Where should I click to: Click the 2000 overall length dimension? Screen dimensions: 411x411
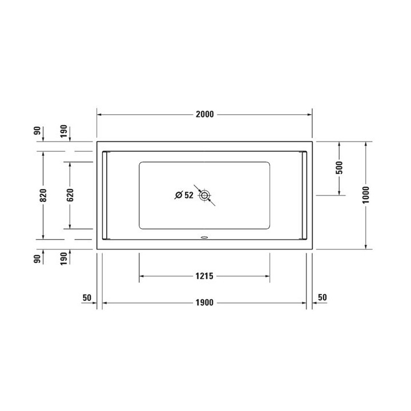204,114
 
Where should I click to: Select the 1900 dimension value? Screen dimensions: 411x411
204,303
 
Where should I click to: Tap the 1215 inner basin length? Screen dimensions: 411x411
204,276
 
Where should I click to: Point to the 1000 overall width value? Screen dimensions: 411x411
366,195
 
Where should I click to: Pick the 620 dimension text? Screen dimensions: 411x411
70,195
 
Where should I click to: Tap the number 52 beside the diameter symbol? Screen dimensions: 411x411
190,195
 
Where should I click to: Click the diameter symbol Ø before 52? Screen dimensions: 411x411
178,195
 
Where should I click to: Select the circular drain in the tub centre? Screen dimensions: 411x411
204,195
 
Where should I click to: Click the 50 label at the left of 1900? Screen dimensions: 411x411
87,297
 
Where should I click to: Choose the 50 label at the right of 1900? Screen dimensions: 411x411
322,297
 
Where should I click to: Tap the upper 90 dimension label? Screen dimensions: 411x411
38,131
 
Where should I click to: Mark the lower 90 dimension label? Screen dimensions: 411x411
38,259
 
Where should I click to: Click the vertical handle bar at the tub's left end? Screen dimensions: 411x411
104,195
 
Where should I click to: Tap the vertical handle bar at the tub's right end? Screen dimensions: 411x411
304,195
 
